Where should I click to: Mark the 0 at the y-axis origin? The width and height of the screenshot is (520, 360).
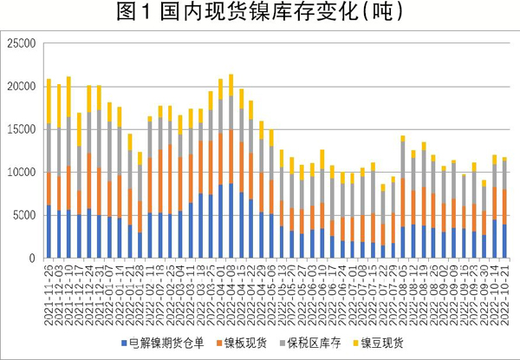pyautogui.click(x=30, y=259)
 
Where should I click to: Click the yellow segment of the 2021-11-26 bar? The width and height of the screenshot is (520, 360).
pyautogui.click(x=49, y=102)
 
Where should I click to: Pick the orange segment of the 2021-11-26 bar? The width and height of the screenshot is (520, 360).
pyautogui.click(x=49, y=188)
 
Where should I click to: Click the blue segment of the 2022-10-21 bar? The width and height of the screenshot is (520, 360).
pyautogui.click(x=504, y=241)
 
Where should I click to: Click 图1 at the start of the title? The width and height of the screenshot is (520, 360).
pyautogui.click(x=132, y=15)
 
